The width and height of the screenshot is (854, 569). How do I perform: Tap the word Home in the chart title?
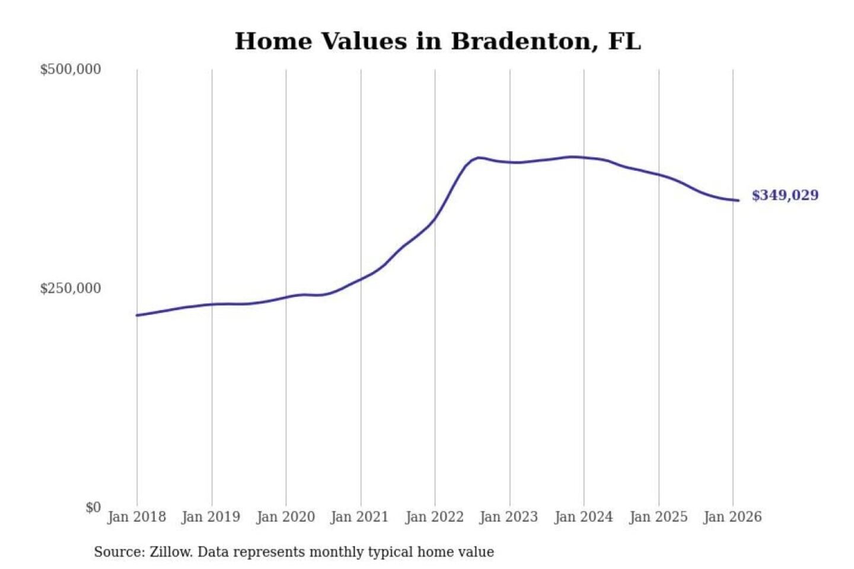[x=273, y=41]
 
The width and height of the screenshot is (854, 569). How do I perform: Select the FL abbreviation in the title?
[x=624, y=41]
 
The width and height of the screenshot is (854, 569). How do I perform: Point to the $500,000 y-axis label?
[x=71, y=69]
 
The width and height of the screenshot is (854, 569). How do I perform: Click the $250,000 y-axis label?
[x=71, y=289]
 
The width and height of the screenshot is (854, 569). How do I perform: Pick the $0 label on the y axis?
[x=93, y=507]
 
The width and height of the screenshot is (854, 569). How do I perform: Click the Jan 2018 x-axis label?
[x=136, y=517]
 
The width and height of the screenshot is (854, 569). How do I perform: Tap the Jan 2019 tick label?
[x=211, y=517]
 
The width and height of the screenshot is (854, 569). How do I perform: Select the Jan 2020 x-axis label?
[x=285, y=517]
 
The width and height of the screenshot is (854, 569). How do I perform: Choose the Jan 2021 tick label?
[x=359, y=517]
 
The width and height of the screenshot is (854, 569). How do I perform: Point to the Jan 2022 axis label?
[x=434, y=517]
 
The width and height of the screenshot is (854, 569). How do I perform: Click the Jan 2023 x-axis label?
[x=508, y=517]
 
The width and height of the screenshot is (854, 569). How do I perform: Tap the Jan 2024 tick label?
[x=583, y=517]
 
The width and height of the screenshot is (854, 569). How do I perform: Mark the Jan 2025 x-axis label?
[x=658, y=517]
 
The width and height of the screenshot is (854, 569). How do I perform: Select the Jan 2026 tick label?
[x=732, y=517]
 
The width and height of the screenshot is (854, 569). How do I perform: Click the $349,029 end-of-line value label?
[x=785, y=196]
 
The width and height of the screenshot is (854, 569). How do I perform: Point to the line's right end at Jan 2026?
[x=738, y=200]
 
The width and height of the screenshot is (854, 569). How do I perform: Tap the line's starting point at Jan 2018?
[x=137, y=315]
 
